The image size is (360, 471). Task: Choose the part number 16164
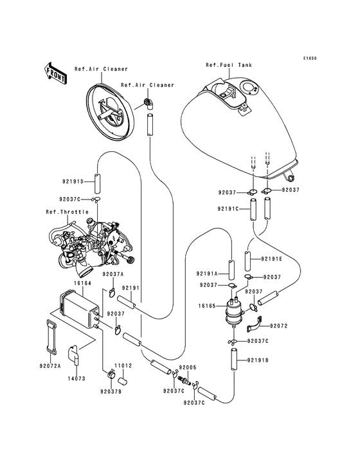(x=64, y=282)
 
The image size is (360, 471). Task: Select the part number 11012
(x=123, y=365)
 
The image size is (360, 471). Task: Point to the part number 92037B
(x=110, y=391)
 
